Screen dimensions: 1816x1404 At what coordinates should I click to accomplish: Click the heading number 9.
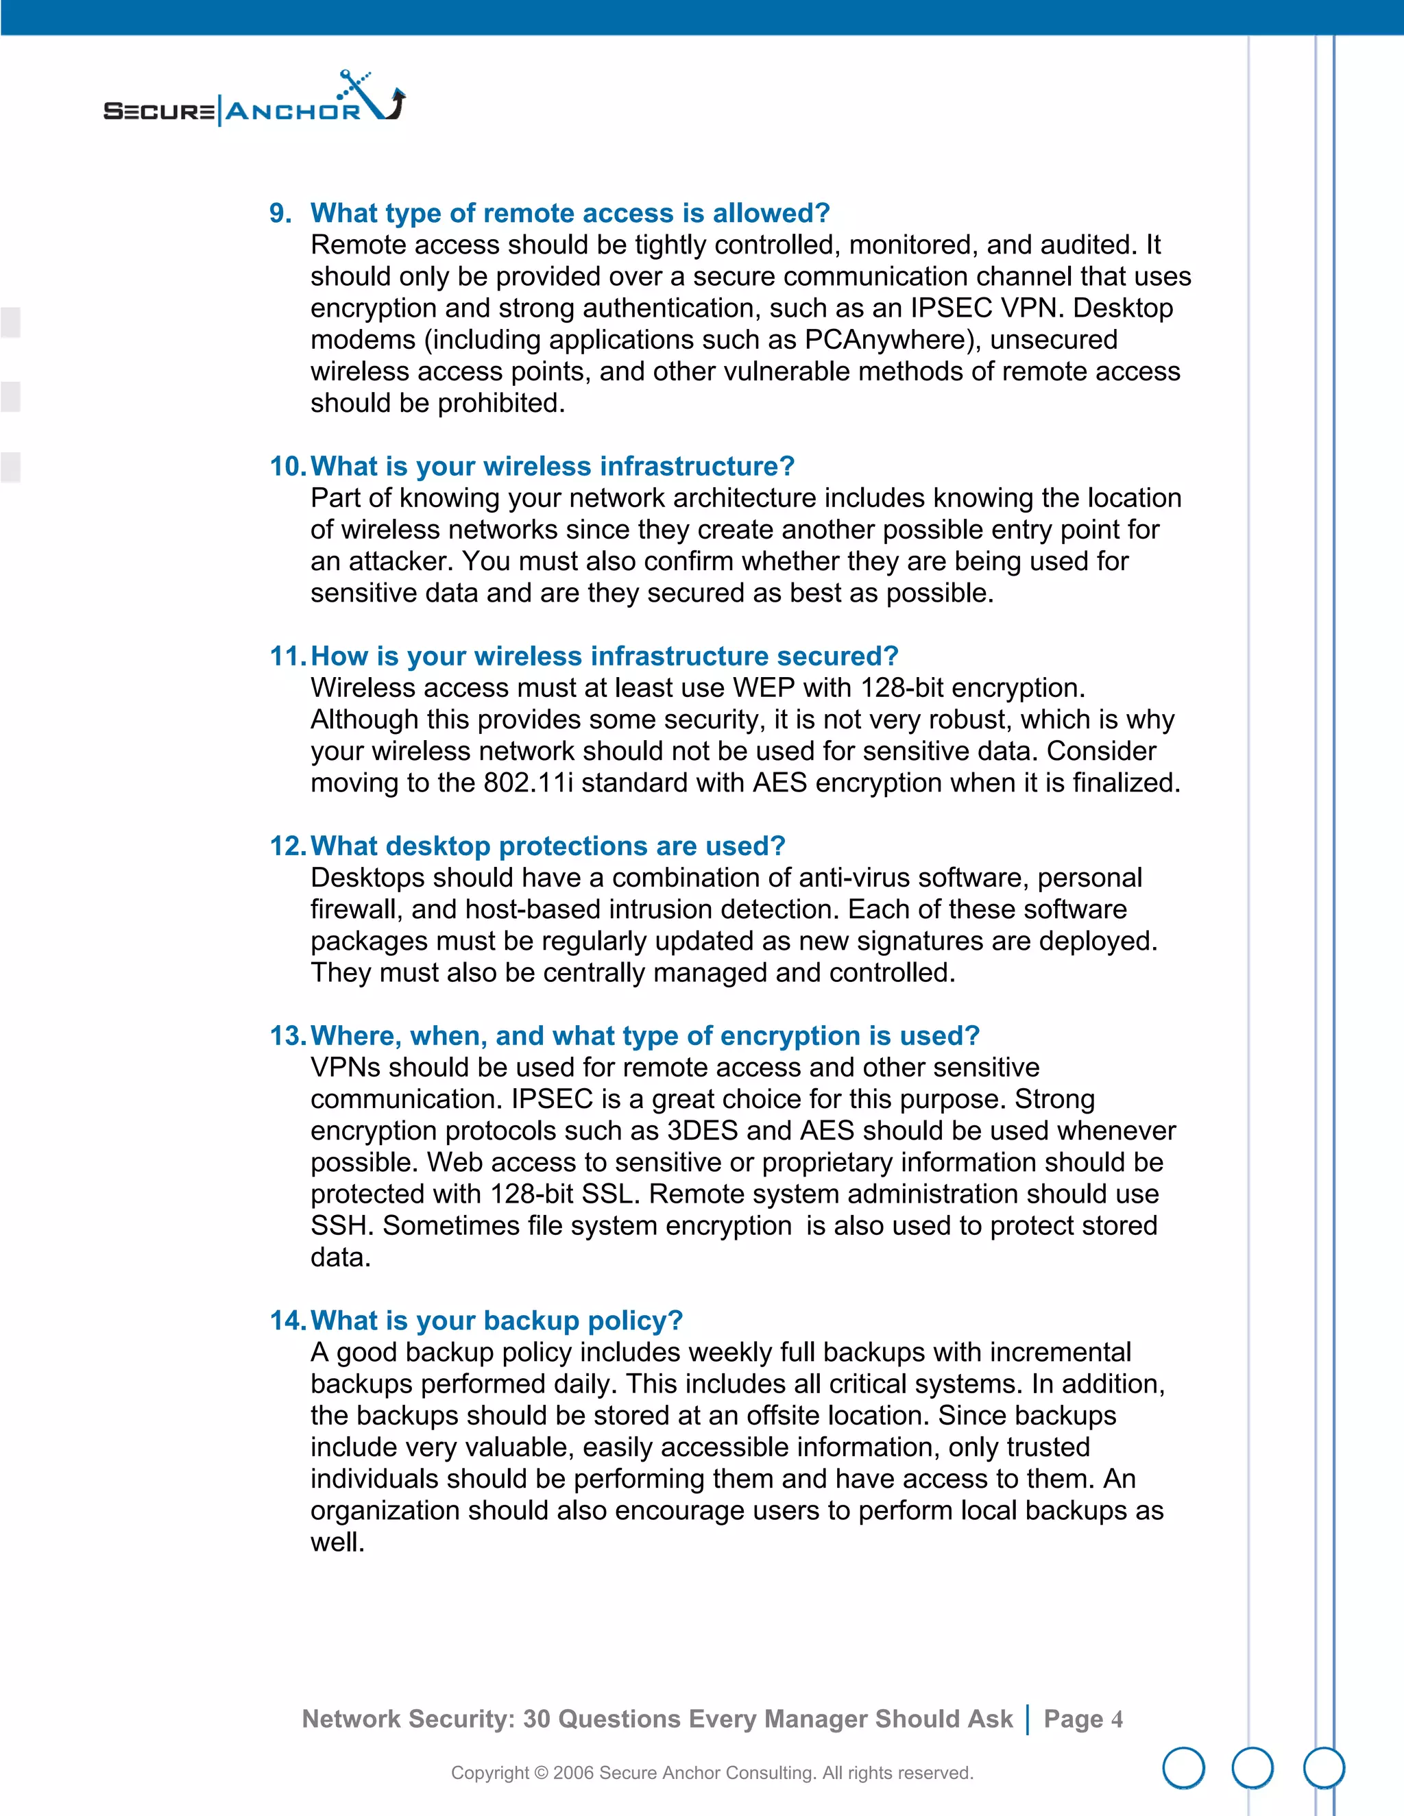coord(280,214)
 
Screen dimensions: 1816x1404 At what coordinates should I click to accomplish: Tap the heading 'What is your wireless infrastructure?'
coord(553,467)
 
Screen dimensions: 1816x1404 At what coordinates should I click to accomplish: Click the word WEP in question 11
coord(764,689)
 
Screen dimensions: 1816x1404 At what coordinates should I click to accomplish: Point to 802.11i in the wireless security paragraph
coord(528,783)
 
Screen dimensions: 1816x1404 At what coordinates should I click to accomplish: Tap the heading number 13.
coord(288,1036)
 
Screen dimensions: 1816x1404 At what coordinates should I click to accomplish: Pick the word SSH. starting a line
coord(342,1226)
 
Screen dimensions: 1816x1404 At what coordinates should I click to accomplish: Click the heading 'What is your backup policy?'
coord(496,1321)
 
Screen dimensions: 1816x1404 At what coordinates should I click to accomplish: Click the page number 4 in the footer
coord(1116,1719)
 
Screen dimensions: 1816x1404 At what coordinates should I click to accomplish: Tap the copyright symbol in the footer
coord(541,1774)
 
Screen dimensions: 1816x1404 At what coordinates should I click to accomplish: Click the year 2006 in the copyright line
coord(573,1774)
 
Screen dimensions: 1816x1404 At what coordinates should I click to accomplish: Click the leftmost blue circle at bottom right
coord(1183,1768)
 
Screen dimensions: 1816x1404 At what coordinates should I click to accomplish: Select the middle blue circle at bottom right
coord(1252,1768)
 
